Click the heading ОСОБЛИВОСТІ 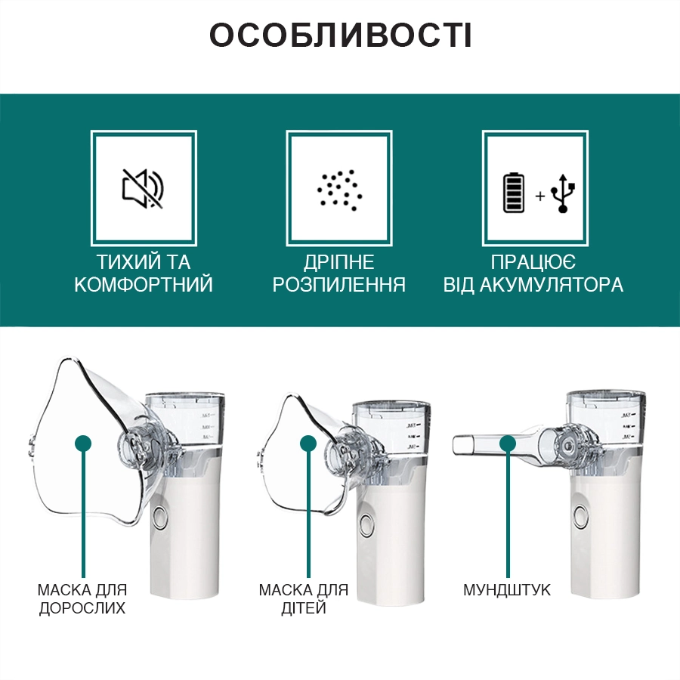(x=341, y=35)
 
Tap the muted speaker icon (x=143, y=188)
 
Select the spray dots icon (x=339, y=190)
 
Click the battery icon (x=514, y=193)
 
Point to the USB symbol (x=563, y=193)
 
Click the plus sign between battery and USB (x=540, y=196)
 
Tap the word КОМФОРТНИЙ (x=144, y=285)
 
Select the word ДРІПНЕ (x=338, y=262)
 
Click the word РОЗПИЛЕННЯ (x=339, y=285)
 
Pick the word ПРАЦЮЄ (x=533, y=262)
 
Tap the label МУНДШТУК (x=506, y=590)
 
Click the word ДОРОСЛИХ (x=82, y=608)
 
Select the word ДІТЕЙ (x=304, y=608)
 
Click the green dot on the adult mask (x=83, y=444)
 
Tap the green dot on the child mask (x=308, y=444)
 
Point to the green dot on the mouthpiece (x=508, y=444)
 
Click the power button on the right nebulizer (x=581, y=515)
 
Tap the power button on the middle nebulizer (x=367, y=524)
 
